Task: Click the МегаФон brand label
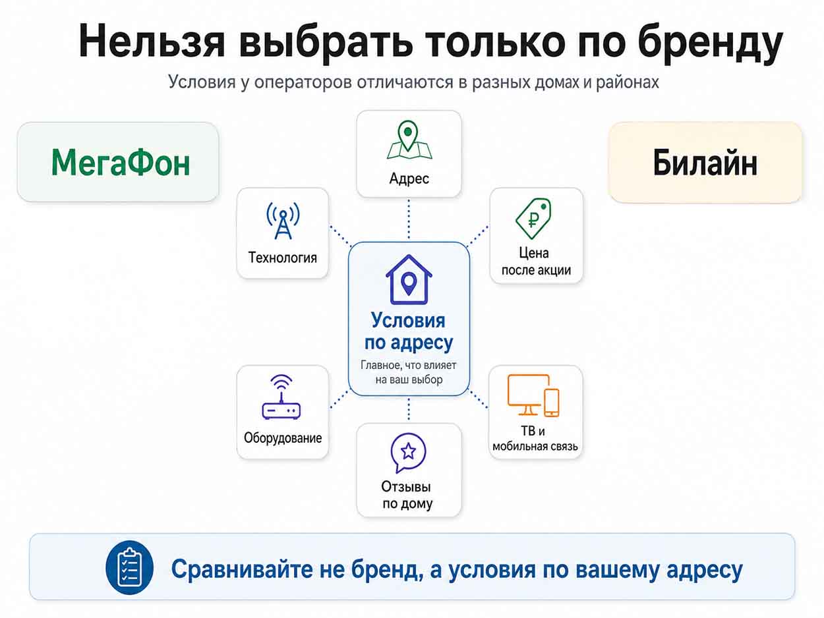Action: (x=121, y=162)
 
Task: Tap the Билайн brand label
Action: (x=705, y=163)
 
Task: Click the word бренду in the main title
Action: (x=710, y=42)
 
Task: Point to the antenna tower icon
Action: (x=283, y=220)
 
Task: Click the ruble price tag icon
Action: (x=533, y=218)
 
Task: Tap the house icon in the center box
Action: (x=409, y=279)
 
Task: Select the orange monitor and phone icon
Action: (x=533, y=395)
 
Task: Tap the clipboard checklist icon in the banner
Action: (x=129, y=567)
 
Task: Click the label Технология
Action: (x=283, y=258)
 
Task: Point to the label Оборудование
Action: (x=283, y=438)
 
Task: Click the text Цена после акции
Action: (x=536, y=262)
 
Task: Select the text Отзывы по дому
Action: (x=407, y=495)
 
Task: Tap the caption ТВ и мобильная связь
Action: (x=535, y=438)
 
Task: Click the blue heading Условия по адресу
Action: (x=409, y=331)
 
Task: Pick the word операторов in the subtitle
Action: (x=303, y=82)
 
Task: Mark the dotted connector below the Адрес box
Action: (x=409, y=219)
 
